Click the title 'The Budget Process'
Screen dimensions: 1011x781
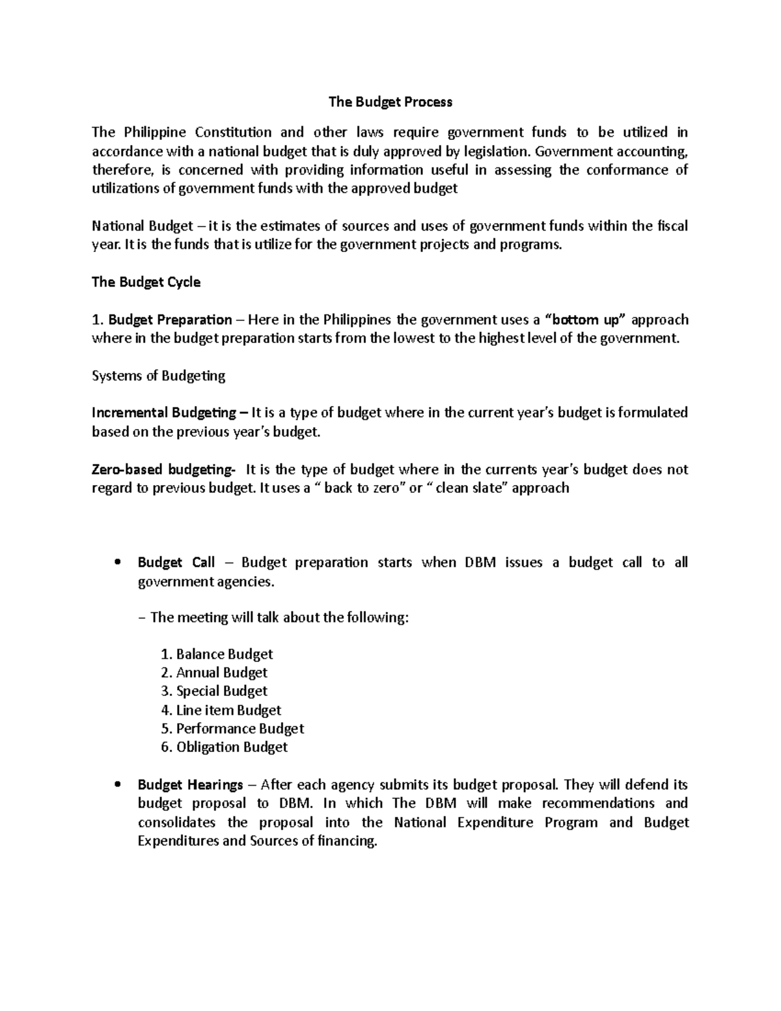click(x=390, y=102)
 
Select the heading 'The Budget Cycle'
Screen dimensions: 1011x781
click(x=146, y=282)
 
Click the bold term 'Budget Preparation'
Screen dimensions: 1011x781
click(x=170, y=320)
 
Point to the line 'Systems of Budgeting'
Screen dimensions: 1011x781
click(x=158, y=376)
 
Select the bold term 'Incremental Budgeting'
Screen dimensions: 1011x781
click(x=164, y=413)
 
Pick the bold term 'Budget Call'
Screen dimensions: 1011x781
click(x=176, y=562)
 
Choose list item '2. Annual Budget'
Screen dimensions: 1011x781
click(x=213, y=672)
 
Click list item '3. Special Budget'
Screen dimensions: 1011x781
click(x=213, y=691)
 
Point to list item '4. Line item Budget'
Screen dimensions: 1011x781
click(x=221, y=710)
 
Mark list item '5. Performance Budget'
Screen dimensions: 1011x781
click(x=232, y=728)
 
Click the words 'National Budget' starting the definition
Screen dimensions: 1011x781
click(x=142, y=226)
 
